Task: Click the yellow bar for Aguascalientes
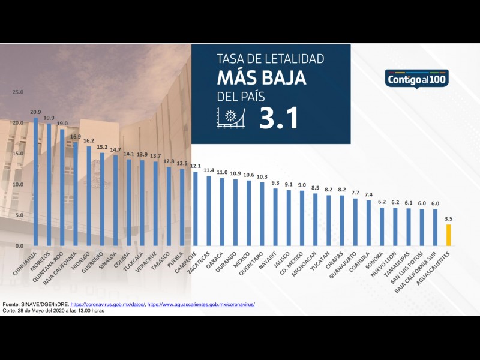448,235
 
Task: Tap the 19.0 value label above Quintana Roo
62,124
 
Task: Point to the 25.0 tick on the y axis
17,92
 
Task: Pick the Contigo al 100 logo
417,79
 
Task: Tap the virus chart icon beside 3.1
231,118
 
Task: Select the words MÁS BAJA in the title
262,78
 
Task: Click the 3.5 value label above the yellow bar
448,219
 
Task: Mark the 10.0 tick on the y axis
17,185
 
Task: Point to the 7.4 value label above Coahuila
368,194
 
